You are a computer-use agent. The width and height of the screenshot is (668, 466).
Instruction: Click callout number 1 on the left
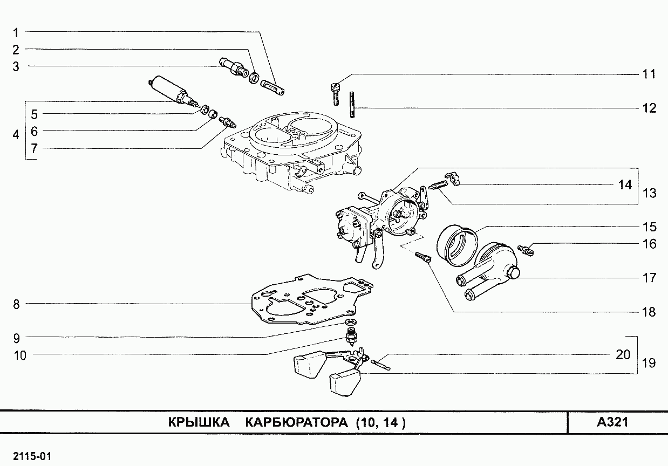[x=16, y=32]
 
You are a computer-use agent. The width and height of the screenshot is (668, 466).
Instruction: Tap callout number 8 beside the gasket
[x=16, y=304]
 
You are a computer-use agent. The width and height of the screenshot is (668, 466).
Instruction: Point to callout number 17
[x=650, y=278]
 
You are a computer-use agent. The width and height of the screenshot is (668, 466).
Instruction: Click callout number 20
[x=623, y=355]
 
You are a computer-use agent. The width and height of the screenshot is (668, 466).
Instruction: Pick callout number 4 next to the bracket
[x=16, y=135]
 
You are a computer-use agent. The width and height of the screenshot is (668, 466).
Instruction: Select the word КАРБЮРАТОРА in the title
[x=296, y=422]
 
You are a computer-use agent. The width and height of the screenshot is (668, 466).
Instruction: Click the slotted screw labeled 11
[x=336, y=92]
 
